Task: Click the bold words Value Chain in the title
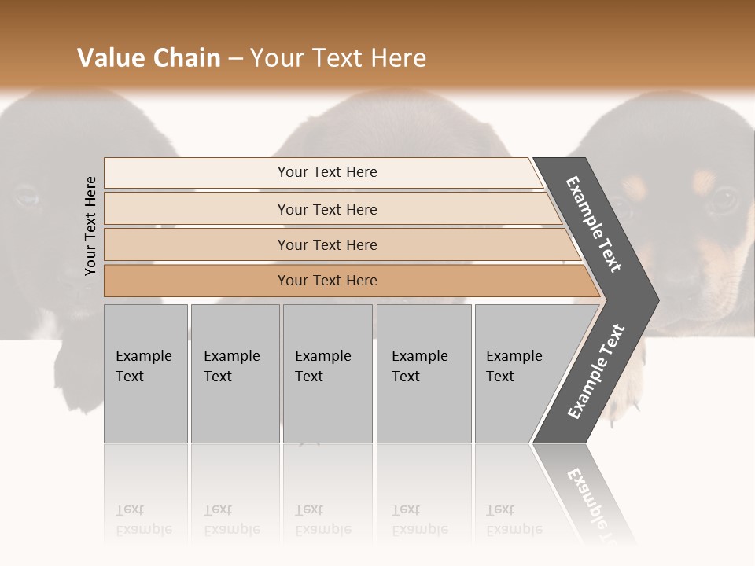pos(149,58)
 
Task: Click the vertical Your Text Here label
pos(91,226)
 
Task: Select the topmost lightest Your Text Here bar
pos(326,172)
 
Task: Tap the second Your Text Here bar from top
pos(326,209)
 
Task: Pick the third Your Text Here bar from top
pos(326,244)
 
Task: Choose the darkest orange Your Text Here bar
pos(326,281)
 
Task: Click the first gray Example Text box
pos(145,373)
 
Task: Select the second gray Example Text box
pos(234,373)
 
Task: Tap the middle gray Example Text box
pos(327,373)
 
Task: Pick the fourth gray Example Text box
pos(423,373)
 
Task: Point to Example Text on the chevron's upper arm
pos(594,225)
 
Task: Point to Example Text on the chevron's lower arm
pos(595,372)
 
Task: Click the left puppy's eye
pos(25,195)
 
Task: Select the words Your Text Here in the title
pos(338,58)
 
